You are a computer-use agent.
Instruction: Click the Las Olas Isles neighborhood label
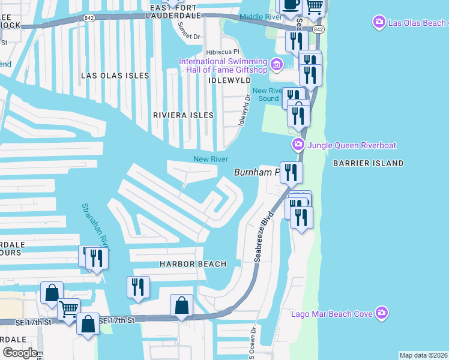coord(115,76)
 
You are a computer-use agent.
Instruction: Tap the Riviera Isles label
coord(183,115)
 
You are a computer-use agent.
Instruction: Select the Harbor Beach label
coord(193,264)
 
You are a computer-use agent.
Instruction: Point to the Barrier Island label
coord(369,163)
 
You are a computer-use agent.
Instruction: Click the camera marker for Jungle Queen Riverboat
coord(297,145)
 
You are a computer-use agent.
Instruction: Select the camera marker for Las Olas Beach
coord(379,23)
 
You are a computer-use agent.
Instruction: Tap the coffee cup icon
coord(292,4)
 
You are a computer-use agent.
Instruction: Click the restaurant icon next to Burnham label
coord(291,172)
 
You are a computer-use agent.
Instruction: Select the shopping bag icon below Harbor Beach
coord(181,306)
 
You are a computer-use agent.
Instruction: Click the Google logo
coord(19,353)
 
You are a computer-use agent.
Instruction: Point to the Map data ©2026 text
coord(423,355)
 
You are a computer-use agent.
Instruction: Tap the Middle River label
coord(261,17)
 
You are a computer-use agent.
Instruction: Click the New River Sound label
coord(266,95)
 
